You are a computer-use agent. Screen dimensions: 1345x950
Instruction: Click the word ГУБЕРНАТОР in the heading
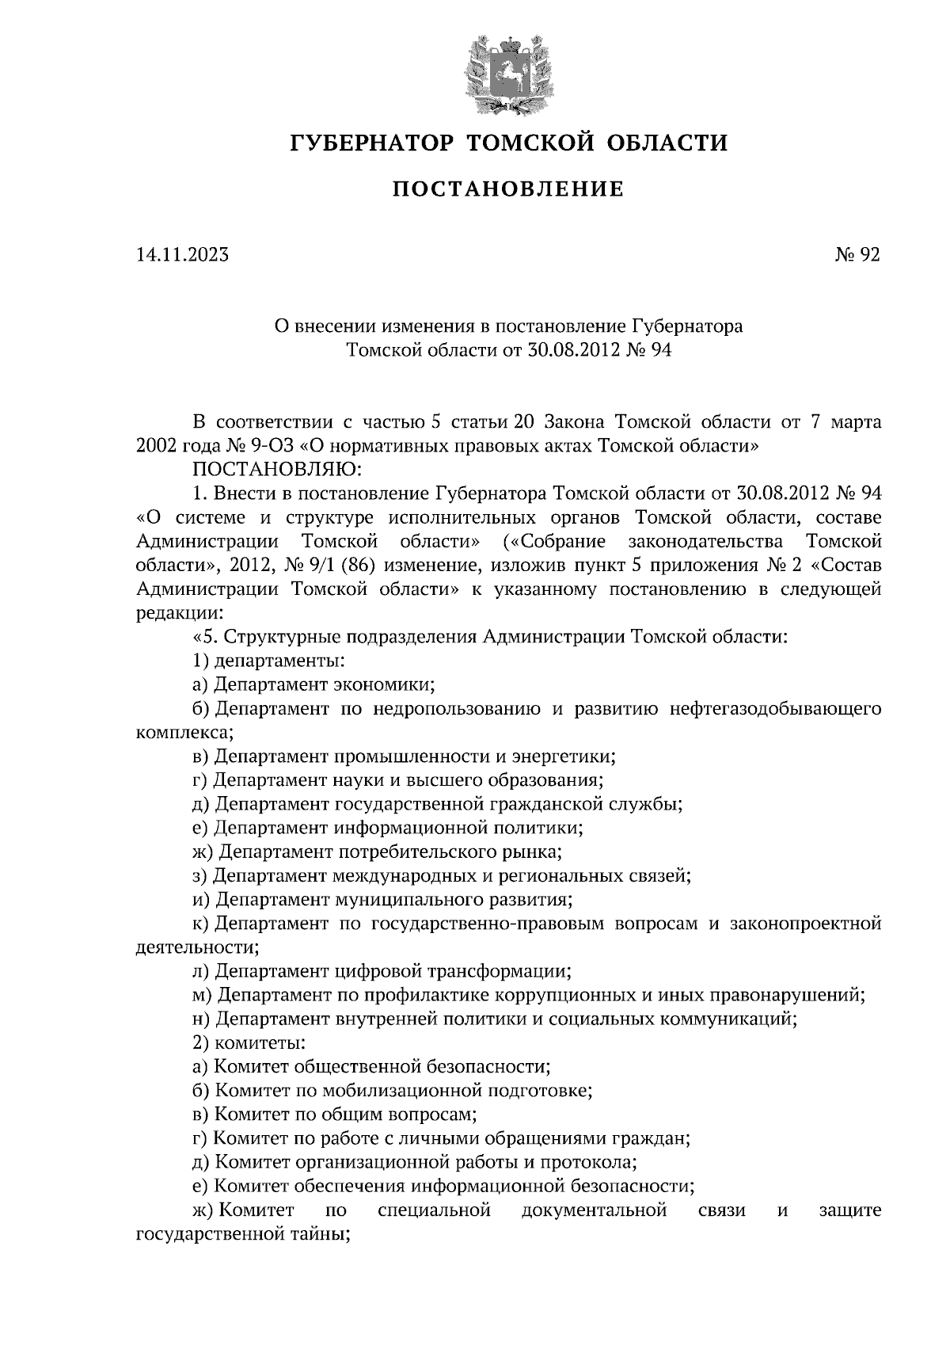(372, 143)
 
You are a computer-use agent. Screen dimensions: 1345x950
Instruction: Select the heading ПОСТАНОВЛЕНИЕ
(508, 189)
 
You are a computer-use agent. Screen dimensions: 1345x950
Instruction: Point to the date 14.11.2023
(182, 255)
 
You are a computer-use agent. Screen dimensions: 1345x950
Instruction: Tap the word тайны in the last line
(323, 1234)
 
